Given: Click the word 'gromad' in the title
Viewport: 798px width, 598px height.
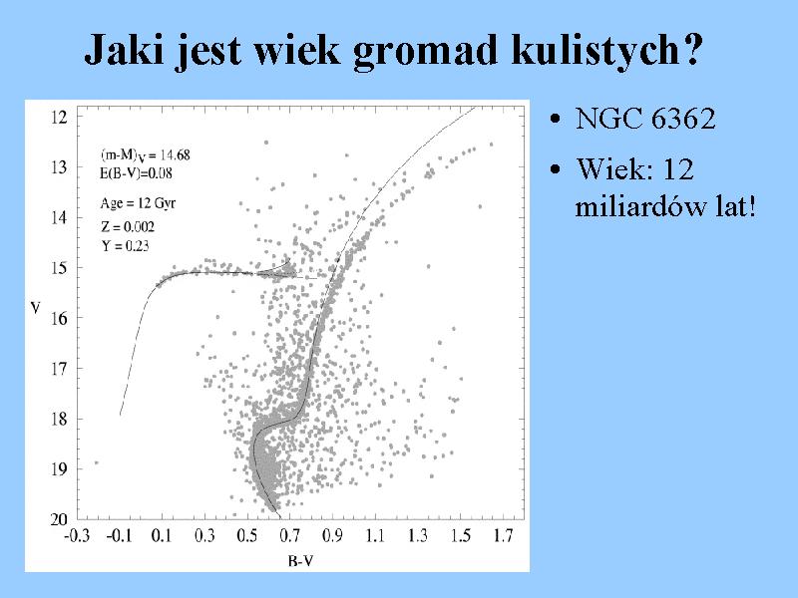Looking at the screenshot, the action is tap(425, 51).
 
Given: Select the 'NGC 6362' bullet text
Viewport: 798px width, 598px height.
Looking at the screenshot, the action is tap(645, 119).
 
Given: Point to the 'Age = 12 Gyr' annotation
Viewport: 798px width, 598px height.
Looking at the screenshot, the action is tap(138, 203).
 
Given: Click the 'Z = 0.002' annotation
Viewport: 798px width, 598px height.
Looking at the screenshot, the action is tap(128, 226).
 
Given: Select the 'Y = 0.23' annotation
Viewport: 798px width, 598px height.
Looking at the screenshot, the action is tap(125, 245).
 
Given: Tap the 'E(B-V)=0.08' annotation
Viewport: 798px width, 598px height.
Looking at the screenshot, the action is tap(136, 173).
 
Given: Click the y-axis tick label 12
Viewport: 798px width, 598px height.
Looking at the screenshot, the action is tap(59, 117).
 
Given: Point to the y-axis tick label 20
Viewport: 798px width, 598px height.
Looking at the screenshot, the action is tap(59, 518).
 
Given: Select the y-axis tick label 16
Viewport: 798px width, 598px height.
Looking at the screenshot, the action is tap(59, 318).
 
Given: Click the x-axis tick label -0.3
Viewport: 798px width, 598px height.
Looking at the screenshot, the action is tap(77, 535).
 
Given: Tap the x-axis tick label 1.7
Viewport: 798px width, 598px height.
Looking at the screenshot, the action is tap(503, 535).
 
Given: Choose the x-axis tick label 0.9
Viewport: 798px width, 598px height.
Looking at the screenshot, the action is tap(332, 535).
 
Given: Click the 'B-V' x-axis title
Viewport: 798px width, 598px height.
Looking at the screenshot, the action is tap(300, 561).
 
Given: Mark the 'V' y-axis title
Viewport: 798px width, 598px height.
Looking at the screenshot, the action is tap(35, 308).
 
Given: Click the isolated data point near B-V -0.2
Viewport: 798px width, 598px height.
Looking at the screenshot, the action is tap(96, 462).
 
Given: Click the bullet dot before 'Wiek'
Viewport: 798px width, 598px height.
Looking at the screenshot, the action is tap(556, 168).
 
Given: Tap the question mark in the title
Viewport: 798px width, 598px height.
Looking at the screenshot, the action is tap(691, 49).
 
